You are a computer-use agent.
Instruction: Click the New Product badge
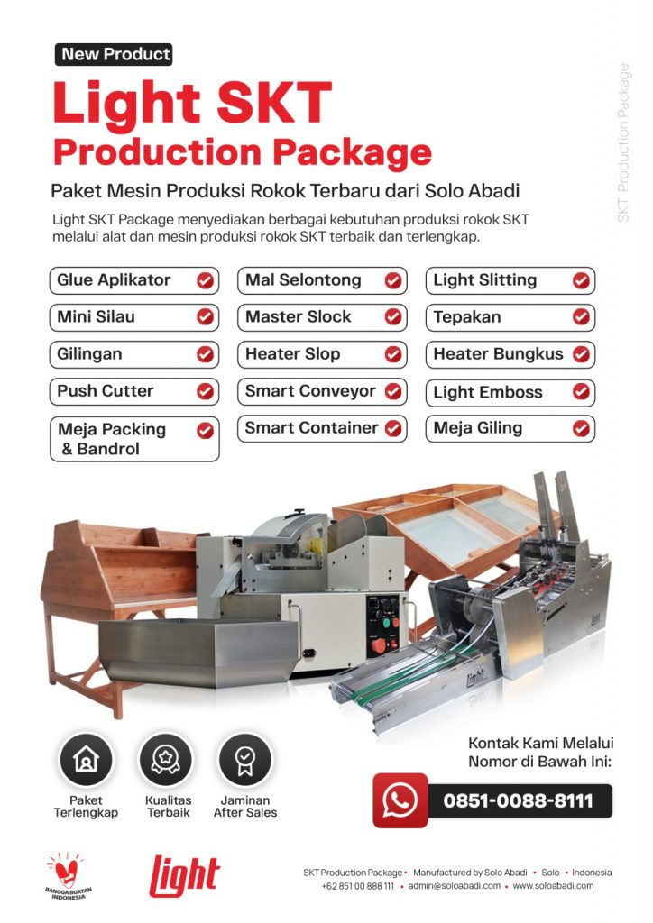114,54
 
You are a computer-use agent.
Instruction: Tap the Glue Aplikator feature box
134,280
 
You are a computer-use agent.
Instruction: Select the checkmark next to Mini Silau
205,317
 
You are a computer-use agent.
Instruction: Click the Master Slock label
298,316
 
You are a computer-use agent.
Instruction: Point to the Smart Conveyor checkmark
393,391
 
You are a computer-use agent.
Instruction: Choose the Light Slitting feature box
510,280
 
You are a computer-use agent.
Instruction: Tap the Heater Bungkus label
498,353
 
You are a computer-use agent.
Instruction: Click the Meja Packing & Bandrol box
134,439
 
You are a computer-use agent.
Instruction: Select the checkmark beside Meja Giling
581,428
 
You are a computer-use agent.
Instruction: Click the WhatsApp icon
400,800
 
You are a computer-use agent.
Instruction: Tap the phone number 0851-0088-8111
518,801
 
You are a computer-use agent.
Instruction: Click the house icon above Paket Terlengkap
86,759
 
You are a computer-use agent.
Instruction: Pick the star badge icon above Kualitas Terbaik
165,759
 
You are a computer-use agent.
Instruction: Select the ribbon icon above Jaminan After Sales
245,759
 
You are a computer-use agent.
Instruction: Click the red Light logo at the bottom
184,876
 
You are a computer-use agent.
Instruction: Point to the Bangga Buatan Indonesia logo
66,876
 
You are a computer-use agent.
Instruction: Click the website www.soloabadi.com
553,886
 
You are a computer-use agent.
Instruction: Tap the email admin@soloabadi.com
454,886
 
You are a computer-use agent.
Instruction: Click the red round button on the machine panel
379,645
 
